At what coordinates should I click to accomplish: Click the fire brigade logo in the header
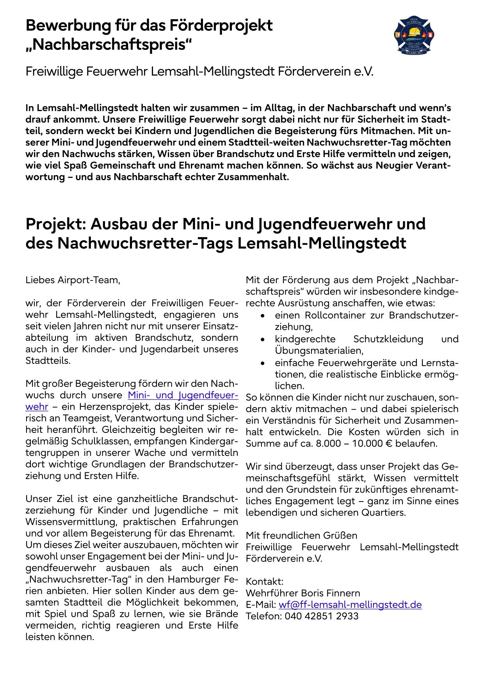(415, 35)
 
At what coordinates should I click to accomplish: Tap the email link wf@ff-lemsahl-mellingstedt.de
(350, 605)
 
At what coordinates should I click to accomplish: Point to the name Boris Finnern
(331, 593)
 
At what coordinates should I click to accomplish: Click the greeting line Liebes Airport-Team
(73, 280)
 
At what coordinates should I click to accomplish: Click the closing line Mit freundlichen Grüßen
(301, 535)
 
